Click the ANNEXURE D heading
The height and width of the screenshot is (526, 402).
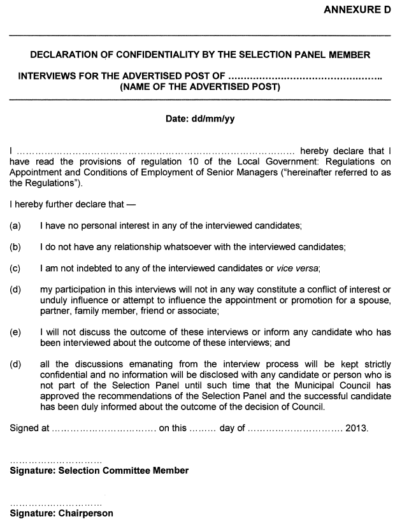[357, 10]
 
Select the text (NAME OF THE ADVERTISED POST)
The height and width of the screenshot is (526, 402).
[200, 87]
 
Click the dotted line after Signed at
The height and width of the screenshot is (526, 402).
[104, 429]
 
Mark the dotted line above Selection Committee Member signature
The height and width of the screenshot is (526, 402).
[56, 460]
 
